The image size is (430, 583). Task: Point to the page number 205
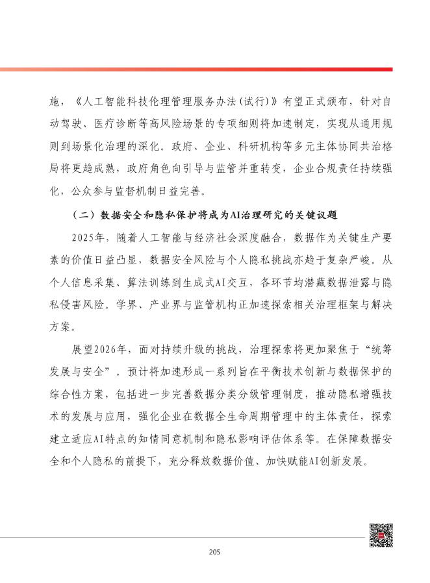coord(216,552)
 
